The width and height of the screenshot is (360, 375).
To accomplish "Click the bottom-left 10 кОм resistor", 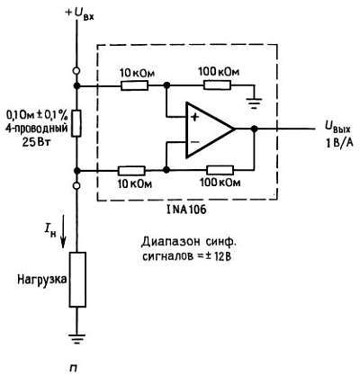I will (132, 170).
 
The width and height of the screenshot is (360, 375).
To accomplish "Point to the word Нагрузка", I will (37, 280).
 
